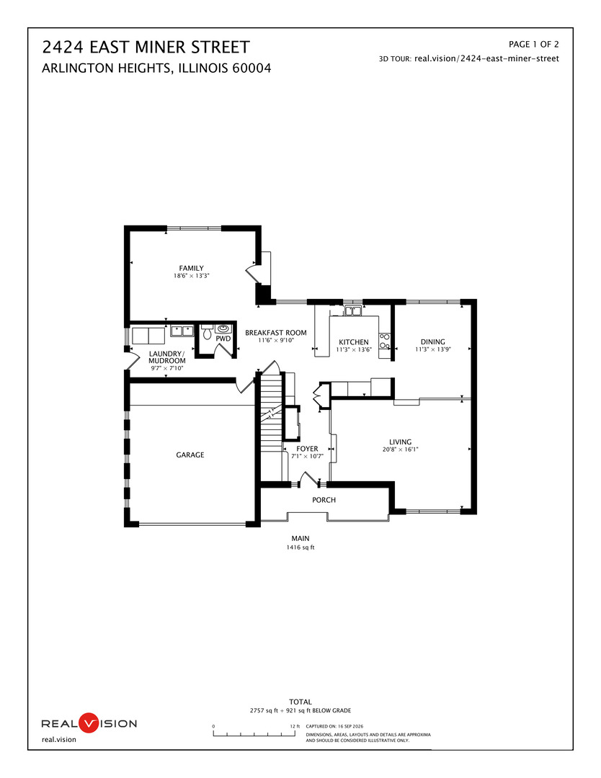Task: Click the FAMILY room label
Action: click(191, 268)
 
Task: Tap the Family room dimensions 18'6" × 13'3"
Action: click(191, 276)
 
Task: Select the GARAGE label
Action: click(190, 455)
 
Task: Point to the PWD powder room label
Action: click(223, 339)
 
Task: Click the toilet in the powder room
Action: click(207, 331)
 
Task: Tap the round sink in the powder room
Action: click(223, 329)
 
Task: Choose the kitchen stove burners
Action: click(385, 341)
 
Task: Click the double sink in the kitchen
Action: click(353, 311)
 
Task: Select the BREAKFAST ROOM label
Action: click(276, 332)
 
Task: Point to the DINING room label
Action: click(433, 341)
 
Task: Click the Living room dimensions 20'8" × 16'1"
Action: click(400, 450)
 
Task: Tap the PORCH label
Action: click(324, 500)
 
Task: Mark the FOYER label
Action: click(307, 449)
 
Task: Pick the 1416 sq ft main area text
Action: click(300, 547)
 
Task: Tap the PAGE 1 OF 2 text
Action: click(533, 44)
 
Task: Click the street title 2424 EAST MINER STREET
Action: click(146, 47)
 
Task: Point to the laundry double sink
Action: click(182, 331)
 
